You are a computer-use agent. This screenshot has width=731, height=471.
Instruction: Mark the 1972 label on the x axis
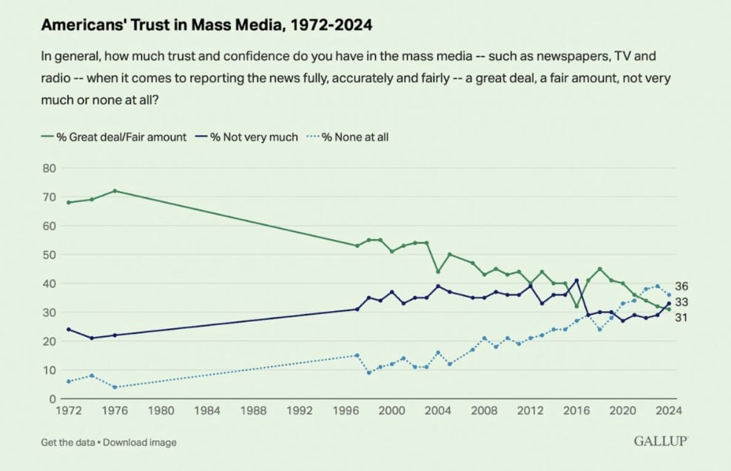[x=68, y=410]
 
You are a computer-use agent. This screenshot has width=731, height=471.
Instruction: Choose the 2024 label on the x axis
[x=669, y=410]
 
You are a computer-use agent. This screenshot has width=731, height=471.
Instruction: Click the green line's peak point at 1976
[x=115, y=191]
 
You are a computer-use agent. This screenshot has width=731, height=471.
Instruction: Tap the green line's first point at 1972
[x=68, y=202]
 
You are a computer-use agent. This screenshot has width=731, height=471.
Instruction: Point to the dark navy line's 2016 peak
[x=576, y=280]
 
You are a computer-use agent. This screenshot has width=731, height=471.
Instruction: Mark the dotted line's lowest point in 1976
[x=115, y=387]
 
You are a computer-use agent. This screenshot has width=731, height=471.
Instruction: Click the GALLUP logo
[x=661, y=441]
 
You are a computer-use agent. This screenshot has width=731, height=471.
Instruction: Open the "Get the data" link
[x=68, y=443]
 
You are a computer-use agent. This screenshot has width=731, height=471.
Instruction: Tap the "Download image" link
[x=140, y=443]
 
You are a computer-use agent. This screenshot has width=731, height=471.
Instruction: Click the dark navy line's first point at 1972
[x=68, y=330]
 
